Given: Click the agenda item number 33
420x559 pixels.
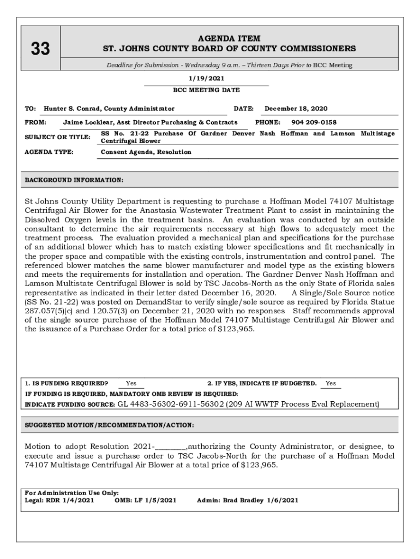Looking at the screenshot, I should click(40, 50).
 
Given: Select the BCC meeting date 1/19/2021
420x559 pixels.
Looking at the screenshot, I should click(206, 79).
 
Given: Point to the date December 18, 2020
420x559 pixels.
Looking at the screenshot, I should click(296, 109).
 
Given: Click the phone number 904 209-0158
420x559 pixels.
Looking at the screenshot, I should click(314, 122).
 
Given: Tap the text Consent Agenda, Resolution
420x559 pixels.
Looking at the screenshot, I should click(146, 152).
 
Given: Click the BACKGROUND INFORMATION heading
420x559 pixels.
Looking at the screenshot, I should click(74, 180).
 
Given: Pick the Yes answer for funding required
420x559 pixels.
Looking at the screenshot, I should click(131, 383).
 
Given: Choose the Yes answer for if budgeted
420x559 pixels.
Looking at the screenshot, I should click(331, 383).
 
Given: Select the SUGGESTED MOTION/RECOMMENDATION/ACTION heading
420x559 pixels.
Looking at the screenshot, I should click(110, 425).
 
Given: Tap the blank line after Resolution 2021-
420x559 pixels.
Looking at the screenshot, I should click(171, 447).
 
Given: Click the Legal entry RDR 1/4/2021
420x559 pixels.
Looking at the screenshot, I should click(71, 500).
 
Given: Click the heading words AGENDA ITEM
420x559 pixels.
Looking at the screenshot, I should click(229, 39).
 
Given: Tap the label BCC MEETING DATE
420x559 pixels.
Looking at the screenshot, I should click(206, 90).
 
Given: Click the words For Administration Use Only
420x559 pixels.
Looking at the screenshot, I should click(72, 492).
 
